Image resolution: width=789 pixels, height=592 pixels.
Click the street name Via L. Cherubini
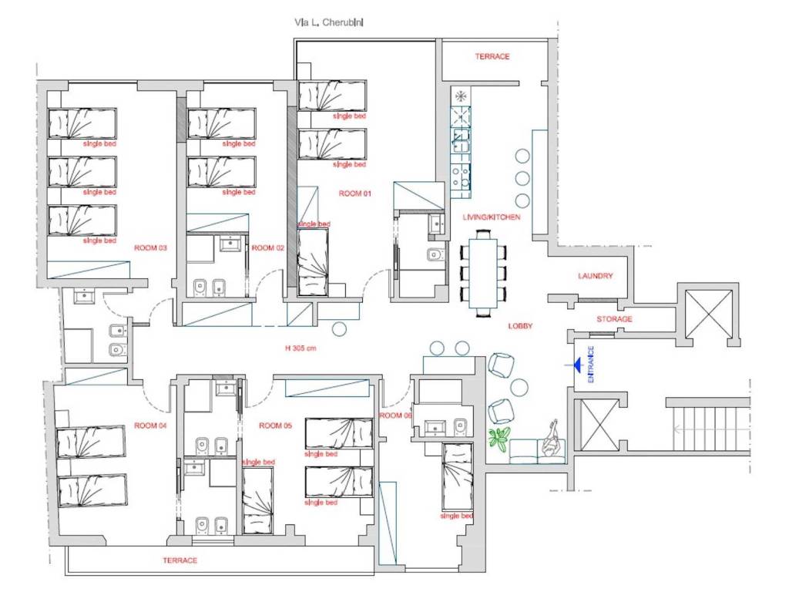(328, 22)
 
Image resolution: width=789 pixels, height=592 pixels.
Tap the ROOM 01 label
(354, 193)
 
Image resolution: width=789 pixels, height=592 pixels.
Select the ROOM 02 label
(267, 248)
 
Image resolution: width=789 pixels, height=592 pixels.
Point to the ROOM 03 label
(150, 248)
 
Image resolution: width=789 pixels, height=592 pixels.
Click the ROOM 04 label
(150, 425)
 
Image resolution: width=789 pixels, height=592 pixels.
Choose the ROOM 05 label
(275, 425)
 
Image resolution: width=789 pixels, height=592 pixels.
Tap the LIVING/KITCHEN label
(492, 217)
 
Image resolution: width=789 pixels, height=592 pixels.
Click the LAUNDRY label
(596, 276)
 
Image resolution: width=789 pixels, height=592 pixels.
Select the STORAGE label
(614, 319)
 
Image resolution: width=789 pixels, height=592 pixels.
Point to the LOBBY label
(520, 326)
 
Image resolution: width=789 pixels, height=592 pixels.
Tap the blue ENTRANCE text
(591, 365)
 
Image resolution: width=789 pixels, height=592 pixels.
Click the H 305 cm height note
(301, 348)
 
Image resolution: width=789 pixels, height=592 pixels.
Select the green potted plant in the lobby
(499, 439)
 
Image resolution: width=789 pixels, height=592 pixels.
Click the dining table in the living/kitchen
(483, 273)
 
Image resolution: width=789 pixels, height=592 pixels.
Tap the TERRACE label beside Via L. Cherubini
(492, 57)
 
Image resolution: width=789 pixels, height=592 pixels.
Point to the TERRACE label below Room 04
(180, 560)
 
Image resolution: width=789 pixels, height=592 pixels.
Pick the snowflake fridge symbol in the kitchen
(460, 96)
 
